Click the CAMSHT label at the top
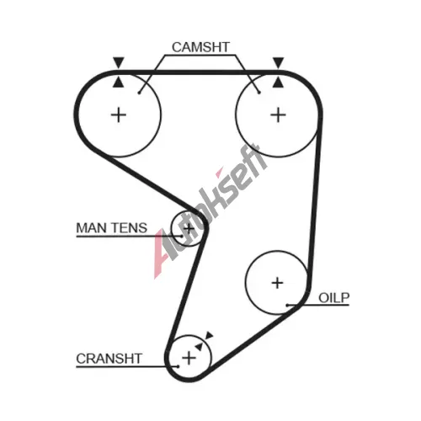click(200, 47)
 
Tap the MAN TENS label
click(112, 227)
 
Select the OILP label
click(334, 298)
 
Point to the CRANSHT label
click(109, 359)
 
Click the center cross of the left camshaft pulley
click(119, 115)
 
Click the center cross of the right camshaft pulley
click(278, 115)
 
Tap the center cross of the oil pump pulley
click(278, 283)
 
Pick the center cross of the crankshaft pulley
click(189, 358)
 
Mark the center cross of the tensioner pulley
click(189, 228)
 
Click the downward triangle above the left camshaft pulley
click(119, 62)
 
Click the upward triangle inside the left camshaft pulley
click(119, 82)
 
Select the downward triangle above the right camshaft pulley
click(278, 62)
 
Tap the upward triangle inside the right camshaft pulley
click(278, 82)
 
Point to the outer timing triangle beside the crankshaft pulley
click(209, 335)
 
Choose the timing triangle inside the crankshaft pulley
click(199, 346)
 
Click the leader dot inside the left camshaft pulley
click(139, 93)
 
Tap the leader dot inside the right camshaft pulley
click(259, 93)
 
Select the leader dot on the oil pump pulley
click(287, 305)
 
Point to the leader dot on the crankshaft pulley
click(178, 366)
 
